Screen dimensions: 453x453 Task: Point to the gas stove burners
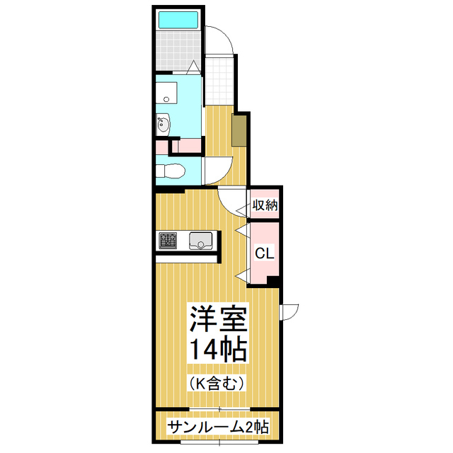coord(168,242)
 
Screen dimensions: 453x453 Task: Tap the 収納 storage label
coord(265,206)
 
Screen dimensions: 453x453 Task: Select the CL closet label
coord(264,253)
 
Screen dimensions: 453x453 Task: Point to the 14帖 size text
coord(217,349)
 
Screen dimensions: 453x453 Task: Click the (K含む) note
coord(217,383)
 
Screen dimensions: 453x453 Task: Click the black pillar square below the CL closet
coord(274,281)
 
